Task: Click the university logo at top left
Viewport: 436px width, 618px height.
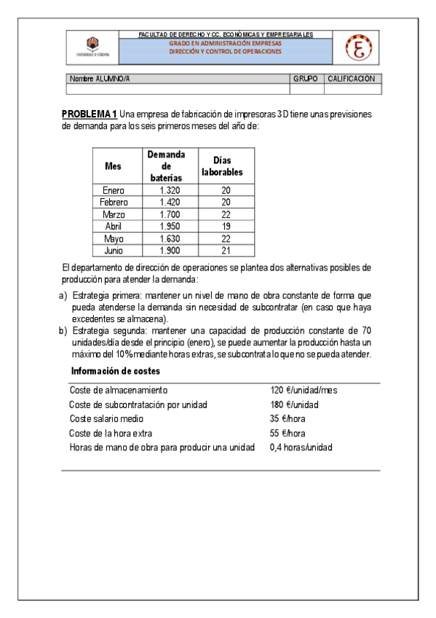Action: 92,47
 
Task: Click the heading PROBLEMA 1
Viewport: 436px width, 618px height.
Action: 90,114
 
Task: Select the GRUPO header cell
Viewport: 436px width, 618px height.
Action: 306,79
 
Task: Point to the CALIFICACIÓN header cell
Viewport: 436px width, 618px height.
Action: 351,79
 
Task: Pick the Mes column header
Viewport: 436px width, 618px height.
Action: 113,165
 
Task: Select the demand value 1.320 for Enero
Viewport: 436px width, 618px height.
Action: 169,190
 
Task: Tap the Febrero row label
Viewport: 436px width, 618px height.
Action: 114,202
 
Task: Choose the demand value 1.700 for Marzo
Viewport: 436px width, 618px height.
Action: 169,214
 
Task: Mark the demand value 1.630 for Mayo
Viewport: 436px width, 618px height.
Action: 169,238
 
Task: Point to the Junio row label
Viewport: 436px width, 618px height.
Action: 114,251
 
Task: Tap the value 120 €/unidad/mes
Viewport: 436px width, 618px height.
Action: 303,391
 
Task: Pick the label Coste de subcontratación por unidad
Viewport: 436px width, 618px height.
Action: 138,404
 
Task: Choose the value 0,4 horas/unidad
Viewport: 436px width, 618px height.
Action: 301,447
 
